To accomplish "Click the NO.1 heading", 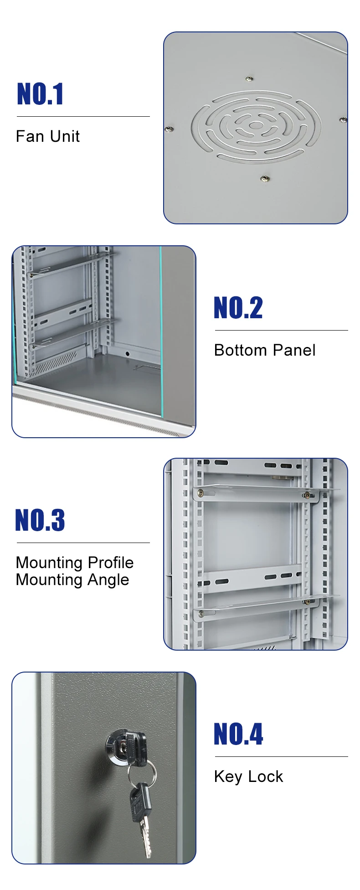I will tap(40, 94).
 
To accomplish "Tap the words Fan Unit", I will tap(48, 136).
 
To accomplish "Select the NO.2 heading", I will tap(238, 308).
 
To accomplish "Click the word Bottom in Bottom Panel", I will tap(240, 350).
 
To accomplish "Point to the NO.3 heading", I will tap(40, 520).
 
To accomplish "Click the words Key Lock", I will tap(248, 777).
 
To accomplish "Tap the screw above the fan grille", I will tap(249, 79).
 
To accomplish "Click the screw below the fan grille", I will tap(264, 179).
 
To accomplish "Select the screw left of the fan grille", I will tap(169, 129).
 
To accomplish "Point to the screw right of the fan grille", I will tap(343, 120).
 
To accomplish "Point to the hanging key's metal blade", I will tap(145, 839).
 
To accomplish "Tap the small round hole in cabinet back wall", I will tap(127, 353).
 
